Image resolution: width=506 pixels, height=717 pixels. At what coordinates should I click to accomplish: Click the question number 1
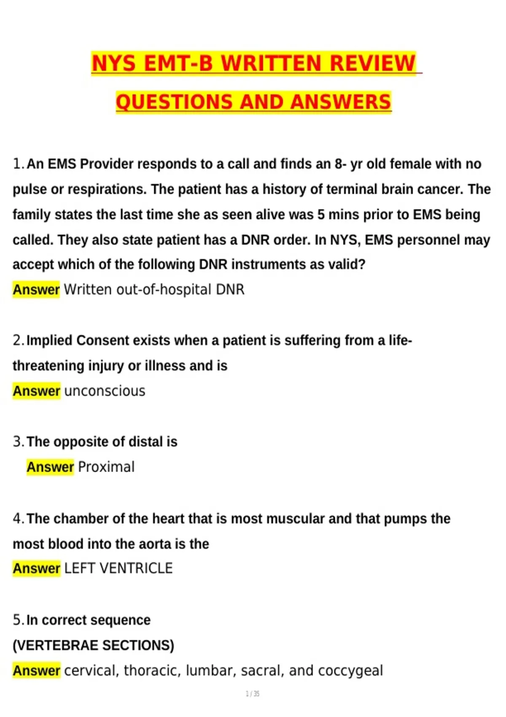click(x=18, y=164)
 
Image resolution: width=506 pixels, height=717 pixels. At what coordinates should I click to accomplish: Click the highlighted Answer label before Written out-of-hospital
click(x=36, y=290)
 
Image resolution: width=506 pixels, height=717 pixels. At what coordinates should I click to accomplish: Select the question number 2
click(x=18, y=340)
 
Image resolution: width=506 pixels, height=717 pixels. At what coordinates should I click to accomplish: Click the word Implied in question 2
click(x=49, y=340)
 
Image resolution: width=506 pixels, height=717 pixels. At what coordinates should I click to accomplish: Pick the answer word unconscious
click(x=105, y=391)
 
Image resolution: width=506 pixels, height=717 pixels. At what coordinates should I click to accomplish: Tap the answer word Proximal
click(x=106, y=467)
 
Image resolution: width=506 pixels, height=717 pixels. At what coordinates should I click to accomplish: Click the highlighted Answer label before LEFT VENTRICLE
click(x=36, y=568)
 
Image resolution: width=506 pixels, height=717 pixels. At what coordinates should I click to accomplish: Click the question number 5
click(x=18, y=620)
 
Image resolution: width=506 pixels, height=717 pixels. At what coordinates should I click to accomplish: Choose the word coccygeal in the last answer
click(x=350, y=671)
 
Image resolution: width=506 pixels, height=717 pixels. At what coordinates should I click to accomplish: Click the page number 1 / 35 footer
click(x=253, y=694)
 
